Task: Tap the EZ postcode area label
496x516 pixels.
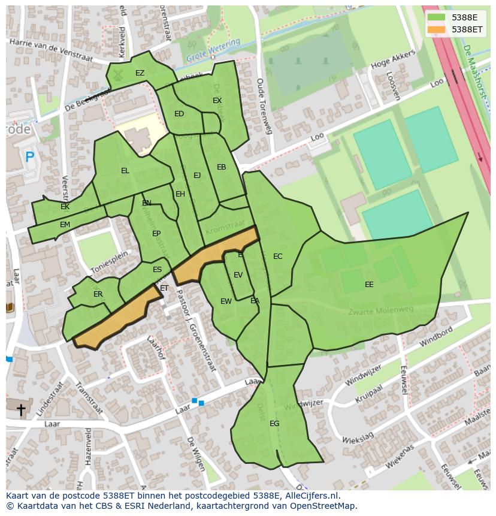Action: [140, 73]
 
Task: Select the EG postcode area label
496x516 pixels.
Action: [274, 423]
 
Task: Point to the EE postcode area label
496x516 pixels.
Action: [369, 285]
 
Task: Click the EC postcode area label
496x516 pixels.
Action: [277, 257]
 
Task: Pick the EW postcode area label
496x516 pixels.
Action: [226, 301]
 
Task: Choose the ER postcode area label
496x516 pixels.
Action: [98, 294]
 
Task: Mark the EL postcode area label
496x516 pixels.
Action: [125, 171]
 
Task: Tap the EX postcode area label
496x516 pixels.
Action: [217, 101]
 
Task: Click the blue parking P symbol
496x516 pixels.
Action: [29, 158]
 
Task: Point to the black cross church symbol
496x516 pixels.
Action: [21, 410]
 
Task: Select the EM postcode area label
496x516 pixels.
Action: [65, 225]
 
